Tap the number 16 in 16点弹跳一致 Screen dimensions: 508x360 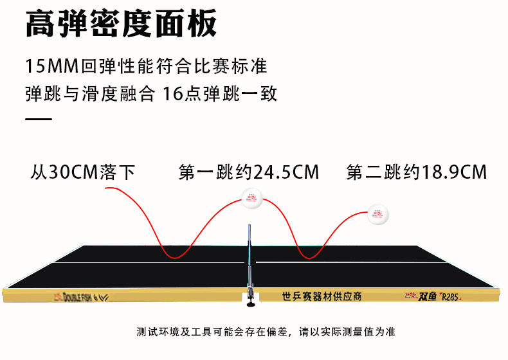click(173, 94)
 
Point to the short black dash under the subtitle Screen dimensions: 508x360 click(39, 120)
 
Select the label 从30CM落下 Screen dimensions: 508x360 click(83, 172)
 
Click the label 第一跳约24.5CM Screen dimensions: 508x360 click(249, 172)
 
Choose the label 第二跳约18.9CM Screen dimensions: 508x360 click(416, 172)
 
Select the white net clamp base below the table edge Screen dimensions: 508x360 click(248, 297)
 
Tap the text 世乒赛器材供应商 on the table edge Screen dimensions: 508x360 click(322, 296)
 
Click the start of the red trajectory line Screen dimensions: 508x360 click(106, 188)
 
